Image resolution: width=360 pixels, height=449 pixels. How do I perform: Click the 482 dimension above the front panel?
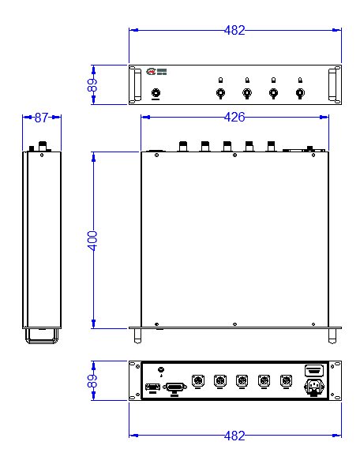coord(234,30)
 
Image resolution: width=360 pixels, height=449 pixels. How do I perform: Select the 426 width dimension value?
coord(234,117)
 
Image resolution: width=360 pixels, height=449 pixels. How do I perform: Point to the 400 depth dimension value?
coord(92,241)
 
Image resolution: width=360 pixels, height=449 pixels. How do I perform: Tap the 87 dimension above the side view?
coord(42,118)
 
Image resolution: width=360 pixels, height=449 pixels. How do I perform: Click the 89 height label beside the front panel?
coord(92,85)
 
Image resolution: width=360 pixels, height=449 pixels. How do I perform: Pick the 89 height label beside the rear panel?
coord(92,381)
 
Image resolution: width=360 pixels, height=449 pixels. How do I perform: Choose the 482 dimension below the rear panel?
coord(234,436)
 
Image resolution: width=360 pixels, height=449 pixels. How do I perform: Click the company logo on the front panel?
coord(156,71)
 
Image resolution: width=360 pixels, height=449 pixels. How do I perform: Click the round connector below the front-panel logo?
coord(156,93)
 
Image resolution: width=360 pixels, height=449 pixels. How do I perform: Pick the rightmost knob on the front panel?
coord(300,93)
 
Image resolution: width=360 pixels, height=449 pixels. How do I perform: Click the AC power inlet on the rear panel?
coord(314,387)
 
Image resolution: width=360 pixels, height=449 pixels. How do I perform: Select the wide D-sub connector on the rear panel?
coord(174,387)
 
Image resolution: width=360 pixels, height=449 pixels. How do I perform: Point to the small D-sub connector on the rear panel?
coord(152,387)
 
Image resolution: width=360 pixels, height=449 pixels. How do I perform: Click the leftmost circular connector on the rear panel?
coord(197,381)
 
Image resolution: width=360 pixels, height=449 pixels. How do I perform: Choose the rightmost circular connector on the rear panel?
coord(286,381)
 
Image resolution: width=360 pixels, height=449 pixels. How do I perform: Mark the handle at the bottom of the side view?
coord(42,336)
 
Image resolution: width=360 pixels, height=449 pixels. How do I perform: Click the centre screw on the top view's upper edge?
coord(234,155)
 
